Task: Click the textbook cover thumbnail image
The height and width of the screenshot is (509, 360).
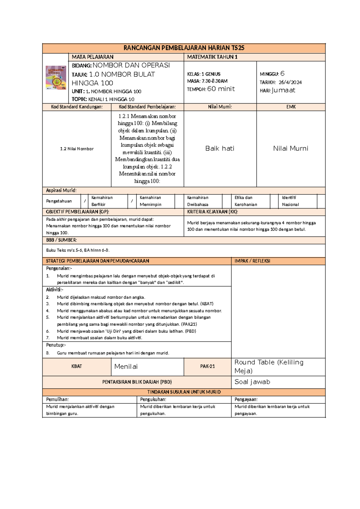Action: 56,78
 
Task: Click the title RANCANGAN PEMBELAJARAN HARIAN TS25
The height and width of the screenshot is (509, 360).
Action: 184,48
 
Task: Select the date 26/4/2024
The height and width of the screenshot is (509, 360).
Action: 290,82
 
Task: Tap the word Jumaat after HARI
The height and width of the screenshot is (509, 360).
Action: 283,90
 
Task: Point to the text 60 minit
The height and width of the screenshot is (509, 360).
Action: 221,89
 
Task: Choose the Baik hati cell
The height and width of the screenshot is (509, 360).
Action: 220,149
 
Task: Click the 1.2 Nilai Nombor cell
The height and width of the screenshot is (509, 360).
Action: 77,149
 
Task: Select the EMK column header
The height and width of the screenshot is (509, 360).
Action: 291,107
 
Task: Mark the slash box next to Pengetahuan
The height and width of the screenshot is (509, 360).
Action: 85,201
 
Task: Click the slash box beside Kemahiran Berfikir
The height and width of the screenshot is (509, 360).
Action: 132,201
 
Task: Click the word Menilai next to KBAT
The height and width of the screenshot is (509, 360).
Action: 126,367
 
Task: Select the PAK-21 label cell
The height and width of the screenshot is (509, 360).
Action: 207,366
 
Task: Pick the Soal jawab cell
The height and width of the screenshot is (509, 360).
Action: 252,382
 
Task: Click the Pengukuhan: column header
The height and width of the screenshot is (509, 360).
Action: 153,399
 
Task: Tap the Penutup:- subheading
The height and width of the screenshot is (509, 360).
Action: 56,345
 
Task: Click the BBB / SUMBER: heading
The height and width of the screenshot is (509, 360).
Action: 61,240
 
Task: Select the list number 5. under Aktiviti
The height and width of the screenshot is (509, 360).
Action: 48,317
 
